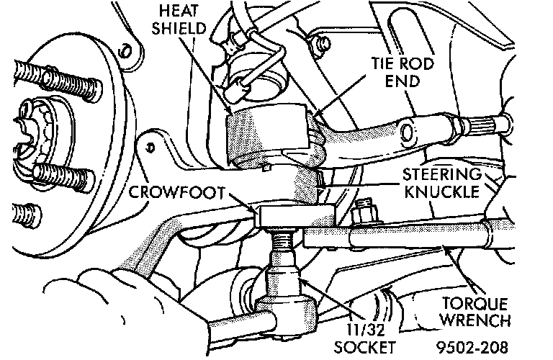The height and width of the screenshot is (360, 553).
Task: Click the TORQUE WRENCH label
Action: coord(475,312)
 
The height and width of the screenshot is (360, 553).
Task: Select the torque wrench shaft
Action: coord(403,237)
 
